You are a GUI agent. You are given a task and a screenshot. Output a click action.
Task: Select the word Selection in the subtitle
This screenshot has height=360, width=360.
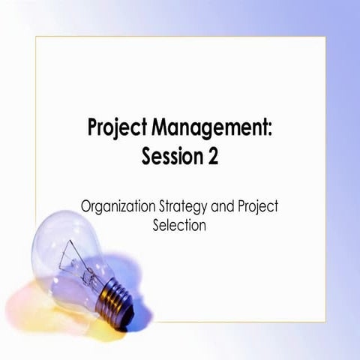(178, 224)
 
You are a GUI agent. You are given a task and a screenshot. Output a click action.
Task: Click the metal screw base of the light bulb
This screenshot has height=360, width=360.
(115, 293)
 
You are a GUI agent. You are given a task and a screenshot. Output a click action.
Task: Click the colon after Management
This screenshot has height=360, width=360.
(270, 129)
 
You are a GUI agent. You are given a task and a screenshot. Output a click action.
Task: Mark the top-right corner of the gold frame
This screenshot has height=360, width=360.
(325, 36)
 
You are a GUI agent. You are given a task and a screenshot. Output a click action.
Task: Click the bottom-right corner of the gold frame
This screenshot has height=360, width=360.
(325, 321)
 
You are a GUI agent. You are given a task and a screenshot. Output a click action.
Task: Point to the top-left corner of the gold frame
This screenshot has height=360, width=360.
(35, 36)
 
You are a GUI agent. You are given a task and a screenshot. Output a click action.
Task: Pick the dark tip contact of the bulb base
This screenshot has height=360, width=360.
(135, 307)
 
